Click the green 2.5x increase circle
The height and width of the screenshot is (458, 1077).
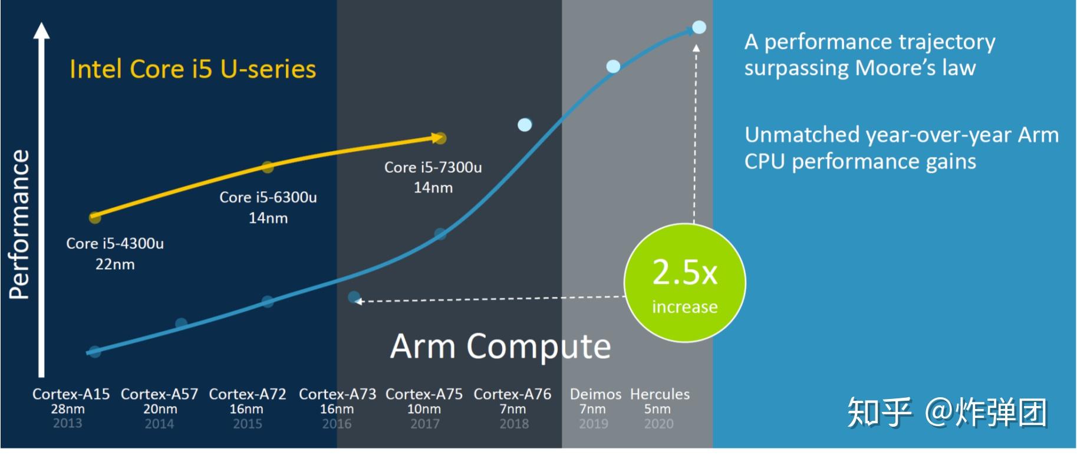684,283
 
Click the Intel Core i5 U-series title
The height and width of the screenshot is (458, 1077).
193,69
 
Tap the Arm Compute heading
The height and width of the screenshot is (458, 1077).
500,346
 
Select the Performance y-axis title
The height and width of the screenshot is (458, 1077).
19,224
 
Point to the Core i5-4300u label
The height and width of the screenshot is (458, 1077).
115,244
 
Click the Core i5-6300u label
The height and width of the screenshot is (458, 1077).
268,198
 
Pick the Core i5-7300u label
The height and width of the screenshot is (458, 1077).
433,168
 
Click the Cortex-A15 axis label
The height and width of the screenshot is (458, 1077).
71,394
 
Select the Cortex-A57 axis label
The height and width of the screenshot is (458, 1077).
159,394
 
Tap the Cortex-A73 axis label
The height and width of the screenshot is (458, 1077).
337,394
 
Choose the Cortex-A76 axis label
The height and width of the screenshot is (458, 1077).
512,394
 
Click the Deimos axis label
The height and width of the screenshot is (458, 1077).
595,394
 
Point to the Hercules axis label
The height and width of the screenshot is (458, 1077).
660,394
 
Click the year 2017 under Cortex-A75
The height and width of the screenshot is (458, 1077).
424,424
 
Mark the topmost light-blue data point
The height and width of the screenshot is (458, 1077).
699,27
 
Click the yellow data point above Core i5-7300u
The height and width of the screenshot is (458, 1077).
440,138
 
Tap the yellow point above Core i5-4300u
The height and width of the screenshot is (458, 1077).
95,218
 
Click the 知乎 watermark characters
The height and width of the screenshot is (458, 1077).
878,411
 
